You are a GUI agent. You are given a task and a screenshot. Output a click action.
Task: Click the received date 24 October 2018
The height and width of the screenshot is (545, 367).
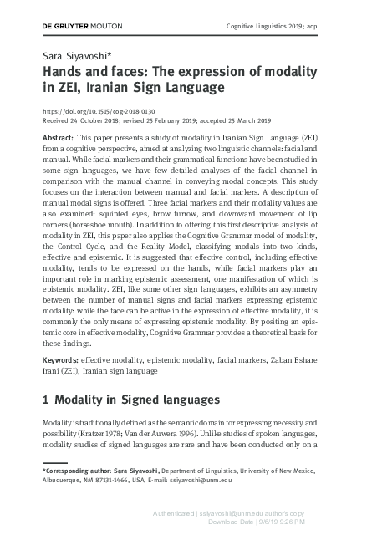click(x=99, y=120)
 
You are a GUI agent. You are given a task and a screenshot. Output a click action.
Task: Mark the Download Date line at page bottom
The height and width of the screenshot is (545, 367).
click(x=250, y=522)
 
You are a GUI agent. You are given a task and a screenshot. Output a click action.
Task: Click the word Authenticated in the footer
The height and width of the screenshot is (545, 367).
click(x=170, y=512)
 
